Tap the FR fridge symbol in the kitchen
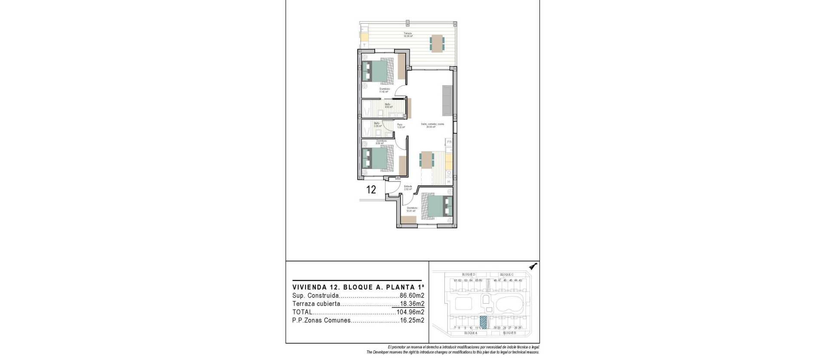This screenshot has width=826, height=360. (449, 142)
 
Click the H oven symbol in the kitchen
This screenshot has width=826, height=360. (449, 182)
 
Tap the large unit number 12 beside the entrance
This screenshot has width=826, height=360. (371, 189)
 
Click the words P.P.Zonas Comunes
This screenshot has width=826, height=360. (321, 320)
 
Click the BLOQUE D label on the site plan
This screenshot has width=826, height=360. (468, 274)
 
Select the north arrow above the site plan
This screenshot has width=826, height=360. (534, 267)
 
